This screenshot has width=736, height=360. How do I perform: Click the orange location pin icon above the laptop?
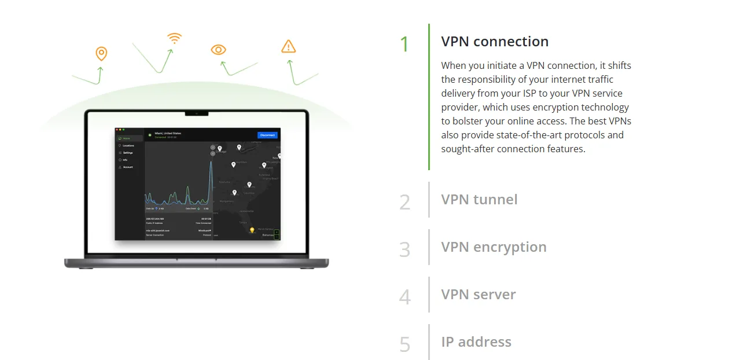(101, 54)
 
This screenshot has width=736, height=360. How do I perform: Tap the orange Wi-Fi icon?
(174, 39)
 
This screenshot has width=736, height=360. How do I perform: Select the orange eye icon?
(218, 50)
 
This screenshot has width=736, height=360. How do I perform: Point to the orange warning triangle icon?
(288, 47)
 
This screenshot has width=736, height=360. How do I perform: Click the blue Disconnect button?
(267, 135)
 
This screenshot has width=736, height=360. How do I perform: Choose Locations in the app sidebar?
(128, 146)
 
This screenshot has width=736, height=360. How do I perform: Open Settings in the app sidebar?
(127, 153)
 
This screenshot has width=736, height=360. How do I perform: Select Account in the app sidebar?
(127, 167)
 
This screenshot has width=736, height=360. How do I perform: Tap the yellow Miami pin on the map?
(252, 230)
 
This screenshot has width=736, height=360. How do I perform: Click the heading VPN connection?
(495, 42)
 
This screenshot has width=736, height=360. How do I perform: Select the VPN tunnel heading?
(479, 200)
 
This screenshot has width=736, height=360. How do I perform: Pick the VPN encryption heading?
(494, 247)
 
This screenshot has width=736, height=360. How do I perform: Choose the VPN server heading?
(478, 295)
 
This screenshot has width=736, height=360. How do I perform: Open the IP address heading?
(476, 342)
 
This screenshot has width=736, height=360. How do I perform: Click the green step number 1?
(404, 45)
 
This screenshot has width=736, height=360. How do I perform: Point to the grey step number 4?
(404, 297)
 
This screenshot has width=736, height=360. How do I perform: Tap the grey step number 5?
(404, 345)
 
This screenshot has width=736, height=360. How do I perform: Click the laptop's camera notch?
(197, 113)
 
